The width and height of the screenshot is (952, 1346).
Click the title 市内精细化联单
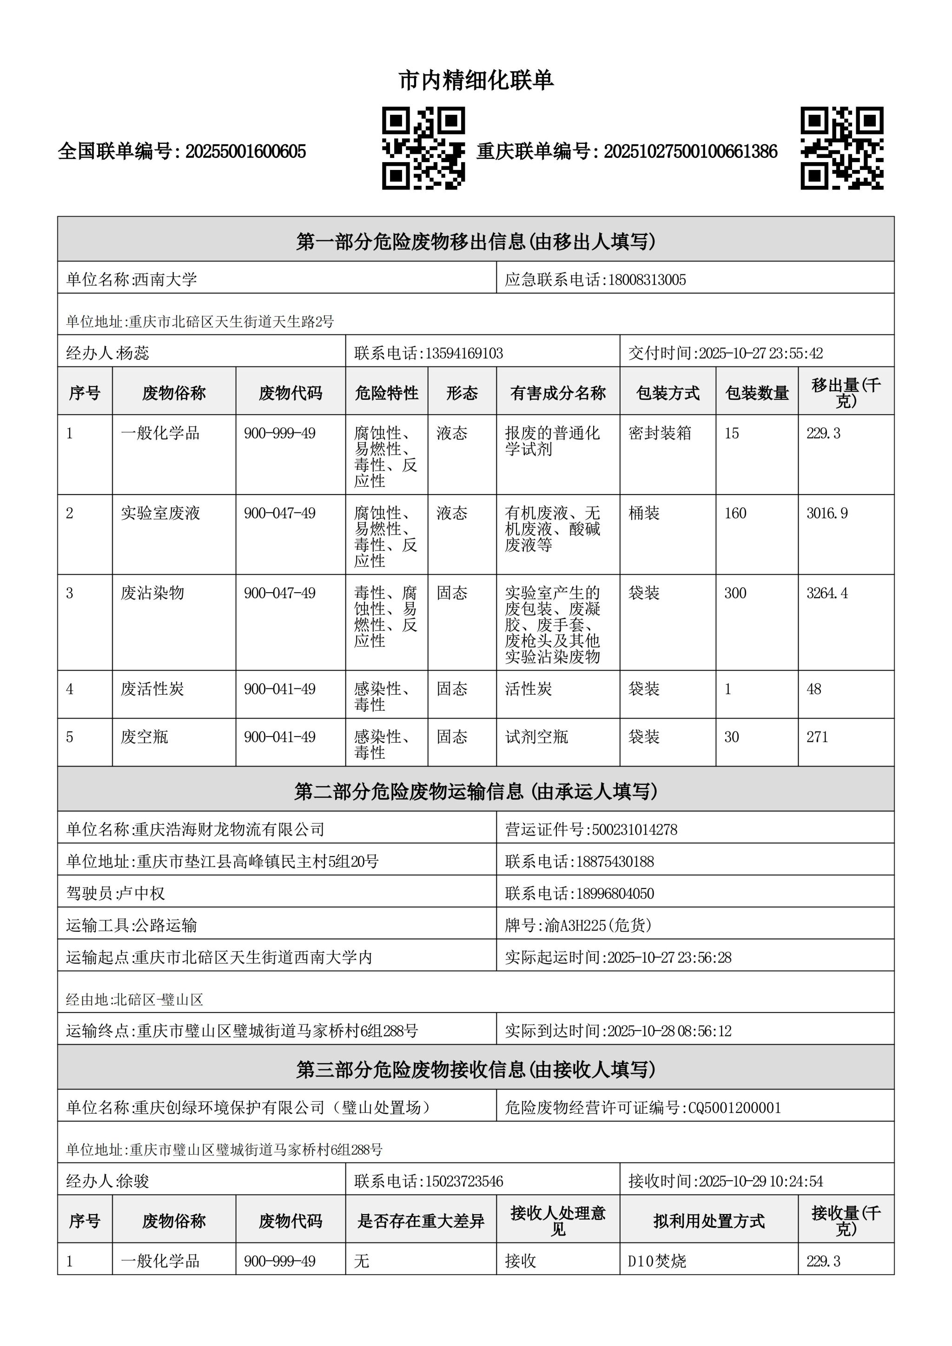tap(476, 80)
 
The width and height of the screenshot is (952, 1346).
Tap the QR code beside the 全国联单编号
tap(423, 148)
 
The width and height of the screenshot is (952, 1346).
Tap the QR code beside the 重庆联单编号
tap(842, 148)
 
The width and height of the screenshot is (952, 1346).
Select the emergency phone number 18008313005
tap(647, 280)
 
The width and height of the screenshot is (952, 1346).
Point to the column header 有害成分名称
tap(557, 393)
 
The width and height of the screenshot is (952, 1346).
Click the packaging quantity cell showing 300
tap(735, 593)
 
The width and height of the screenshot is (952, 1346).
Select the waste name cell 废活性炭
tap(152, 689)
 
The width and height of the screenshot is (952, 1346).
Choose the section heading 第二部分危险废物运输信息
tap(476, 791)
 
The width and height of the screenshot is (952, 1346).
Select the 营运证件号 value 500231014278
tap(634, 830)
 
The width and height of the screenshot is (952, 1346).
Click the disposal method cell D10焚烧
tap(656, 1261)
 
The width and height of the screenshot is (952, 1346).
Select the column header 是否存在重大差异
tap(421, 1221)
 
